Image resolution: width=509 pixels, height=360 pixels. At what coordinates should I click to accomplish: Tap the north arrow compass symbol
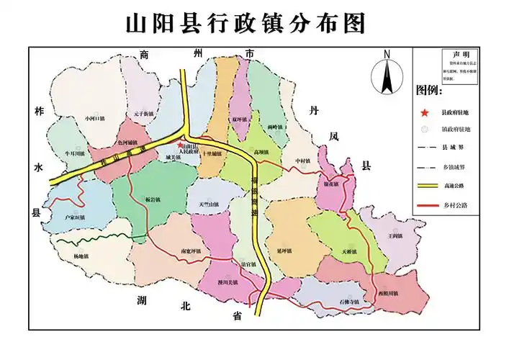tap(387, 73)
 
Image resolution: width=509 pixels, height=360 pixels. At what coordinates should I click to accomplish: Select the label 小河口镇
tap(94, 117)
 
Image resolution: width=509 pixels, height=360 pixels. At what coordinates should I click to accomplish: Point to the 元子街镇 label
tap(143, 114)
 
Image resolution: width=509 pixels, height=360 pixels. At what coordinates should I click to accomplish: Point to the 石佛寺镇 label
tap(354, 301)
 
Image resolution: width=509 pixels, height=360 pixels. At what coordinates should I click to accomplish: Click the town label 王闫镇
tap(393, 235)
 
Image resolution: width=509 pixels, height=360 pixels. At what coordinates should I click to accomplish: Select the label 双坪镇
tap(240, 118)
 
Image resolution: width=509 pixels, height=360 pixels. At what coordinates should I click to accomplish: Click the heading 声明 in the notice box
tap(459, 55)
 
